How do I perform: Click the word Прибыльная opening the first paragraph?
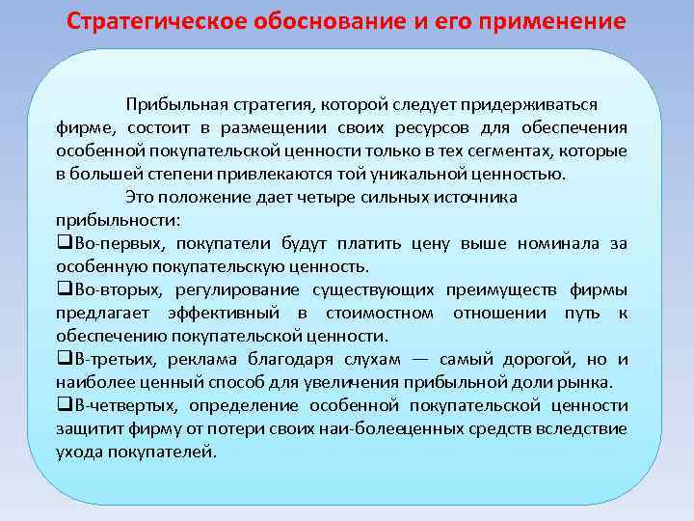point(171,104)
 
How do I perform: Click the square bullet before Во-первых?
point(62,243)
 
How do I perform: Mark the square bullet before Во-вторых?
point(62,289)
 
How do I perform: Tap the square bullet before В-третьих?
point(62,359)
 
